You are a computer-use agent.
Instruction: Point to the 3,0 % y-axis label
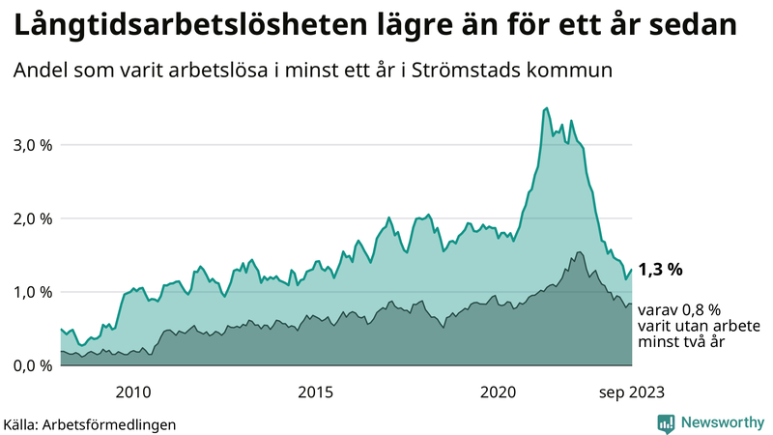[x=32, y=145]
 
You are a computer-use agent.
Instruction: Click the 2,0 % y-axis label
[x=32, y=218]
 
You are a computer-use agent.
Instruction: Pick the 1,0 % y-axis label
[x=32, y=292]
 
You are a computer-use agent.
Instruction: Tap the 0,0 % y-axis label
[x=32, y=365]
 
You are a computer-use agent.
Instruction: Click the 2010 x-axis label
[x=133, y=391]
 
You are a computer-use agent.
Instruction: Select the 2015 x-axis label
[x=316, y=391]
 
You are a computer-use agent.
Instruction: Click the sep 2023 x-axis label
[x=632, y=391]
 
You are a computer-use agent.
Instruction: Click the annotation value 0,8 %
[x=700, y=310]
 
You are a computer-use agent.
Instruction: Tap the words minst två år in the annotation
[x=681, y=342]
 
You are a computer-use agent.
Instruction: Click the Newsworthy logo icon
[x=666, y=422]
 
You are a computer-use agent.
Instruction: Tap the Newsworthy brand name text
[x=720, y=422]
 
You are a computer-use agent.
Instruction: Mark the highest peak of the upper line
[x=547, y=108]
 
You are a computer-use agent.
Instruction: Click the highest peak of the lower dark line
[x=579, y=252]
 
